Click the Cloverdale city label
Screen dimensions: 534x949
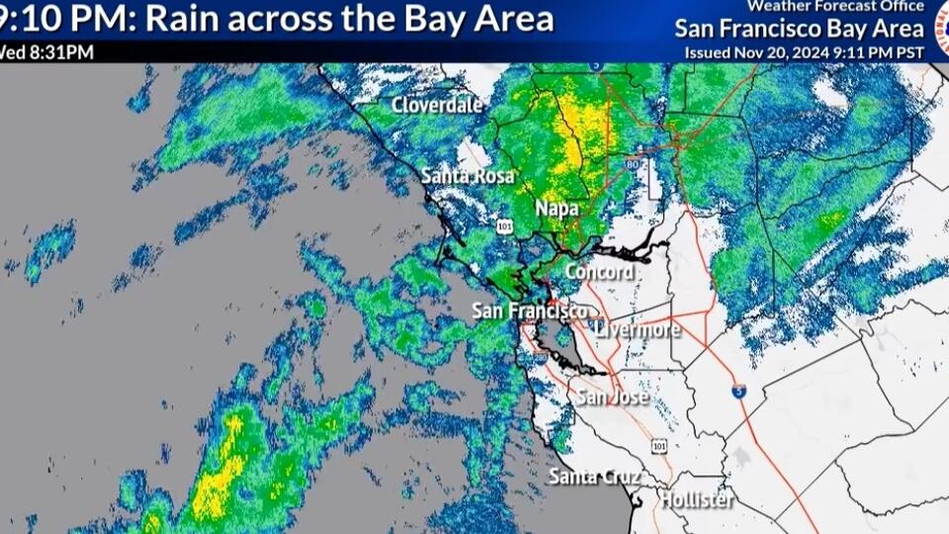(x=437, y=105)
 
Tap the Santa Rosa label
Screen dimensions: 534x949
(x=468, y=176)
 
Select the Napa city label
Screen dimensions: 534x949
(x=557, y=209)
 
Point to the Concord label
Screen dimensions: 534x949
(x=599, y=271)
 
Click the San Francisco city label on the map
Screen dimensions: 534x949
(x=529, y=311)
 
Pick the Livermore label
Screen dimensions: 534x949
(x=638, y=329)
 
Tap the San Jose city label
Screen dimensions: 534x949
(x=612, y=398)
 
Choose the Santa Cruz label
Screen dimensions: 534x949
(x=593, y=477)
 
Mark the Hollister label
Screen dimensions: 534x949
(x=697, y=499)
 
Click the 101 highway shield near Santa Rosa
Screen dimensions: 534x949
(x=506, y=226)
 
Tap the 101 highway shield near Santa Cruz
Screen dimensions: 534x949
(x=659, y=447)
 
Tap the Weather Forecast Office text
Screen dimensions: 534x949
(x=835, y=6)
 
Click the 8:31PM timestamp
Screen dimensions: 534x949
(x=61, y=51)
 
